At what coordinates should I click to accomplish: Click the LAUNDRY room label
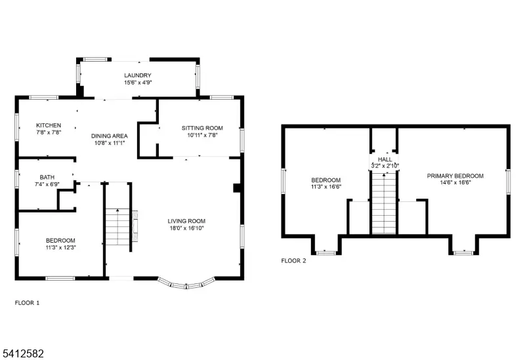pyautogui.click(x=138, y=75)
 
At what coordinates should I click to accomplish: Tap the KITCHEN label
pyautogui.click(x=49, y=125)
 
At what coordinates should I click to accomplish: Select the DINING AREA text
pyautogui.click(x=109, y=135)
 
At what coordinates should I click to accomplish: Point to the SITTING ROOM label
pyautogui.click(x=202, y=128)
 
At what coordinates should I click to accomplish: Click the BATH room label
pyautogui.click(x=47, y=177)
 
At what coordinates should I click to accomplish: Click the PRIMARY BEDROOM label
pyautogui.click(x=455, y=176)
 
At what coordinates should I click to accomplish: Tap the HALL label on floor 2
pyautogui.click(x=385, y=159)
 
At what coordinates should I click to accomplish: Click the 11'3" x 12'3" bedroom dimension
pyautogui.click(x=60, y=248)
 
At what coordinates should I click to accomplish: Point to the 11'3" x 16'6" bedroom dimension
pyautogui.click(x=325, y=188)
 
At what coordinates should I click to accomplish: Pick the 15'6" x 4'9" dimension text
pyautogui.click(x=138, y=83)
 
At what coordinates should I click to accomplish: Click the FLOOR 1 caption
pyautogui.click(x=28, y=303)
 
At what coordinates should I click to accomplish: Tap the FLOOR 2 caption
pyautogui.click(x=293, y=260)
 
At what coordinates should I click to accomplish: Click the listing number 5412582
pyautogui.click(x=22, y=353)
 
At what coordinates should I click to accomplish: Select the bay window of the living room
pyautogui.click(x=188, y=283)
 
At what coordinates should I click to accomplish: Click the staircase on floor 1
pyautogui.click(x=118, y=226)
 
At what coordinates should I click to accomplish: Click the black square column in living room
pyautogui.click(x=237, y=188)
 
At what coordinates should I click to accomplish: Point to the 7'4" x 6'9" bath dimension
pyautogui.click(x=47, y=185)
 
